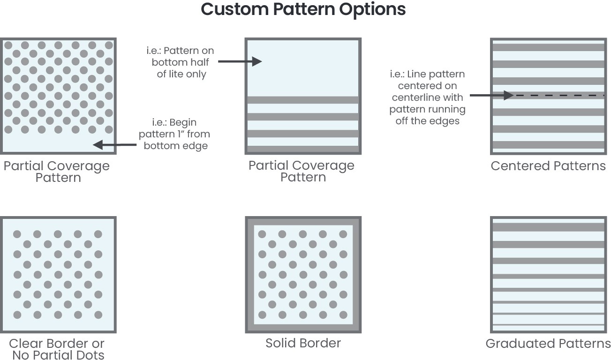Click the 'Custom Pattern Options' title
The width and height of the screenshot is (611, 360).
pos(303,9)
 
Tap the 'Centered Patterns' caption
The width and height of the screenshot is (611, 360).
pos(548,166)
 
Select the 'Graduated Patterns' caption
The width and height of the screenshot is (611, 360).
pos(548,344)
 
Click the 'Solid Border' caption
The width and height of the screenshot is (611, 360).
pos(303,343)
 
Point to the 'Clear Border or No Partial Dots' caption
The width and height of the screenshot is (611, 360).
pos(57,349)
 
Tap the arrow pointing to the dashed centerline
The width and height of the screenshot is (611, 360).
pos(491,96)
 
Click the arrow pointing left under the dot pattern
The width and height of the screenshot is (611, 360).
pos(114,145)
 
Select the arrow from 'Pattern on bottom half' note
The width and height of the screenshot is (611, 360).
pos(240,61)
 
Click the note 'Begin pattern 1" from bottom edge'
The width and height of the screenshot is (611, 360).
pos(174,134)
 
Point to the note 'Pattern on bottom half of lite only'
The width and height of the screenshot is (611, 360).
pos(181,62)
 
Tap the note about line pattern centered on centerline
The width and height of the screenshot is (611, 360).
pos(428,97)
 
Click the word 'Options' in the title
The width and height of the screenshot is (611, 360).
pos(372,9)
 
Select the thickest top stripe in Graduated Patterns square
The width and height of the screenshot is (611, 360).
pos(549,227)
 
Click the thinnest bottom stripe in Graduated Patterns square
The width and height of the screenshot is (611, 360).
pos(549,324)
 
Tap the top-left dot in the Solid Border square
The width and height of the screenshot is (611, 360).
pos(262,234)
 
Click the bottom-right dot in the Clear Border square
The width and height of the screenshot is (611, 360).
pos(98,315)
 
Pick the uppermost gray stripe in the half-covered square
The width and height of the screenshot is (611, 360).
pos(303,100)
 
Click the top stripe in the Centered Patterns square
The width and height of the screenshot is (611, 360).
pos(549,47)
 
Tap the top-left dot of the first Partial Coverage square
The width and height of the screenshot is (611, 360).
pos(8,45)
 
